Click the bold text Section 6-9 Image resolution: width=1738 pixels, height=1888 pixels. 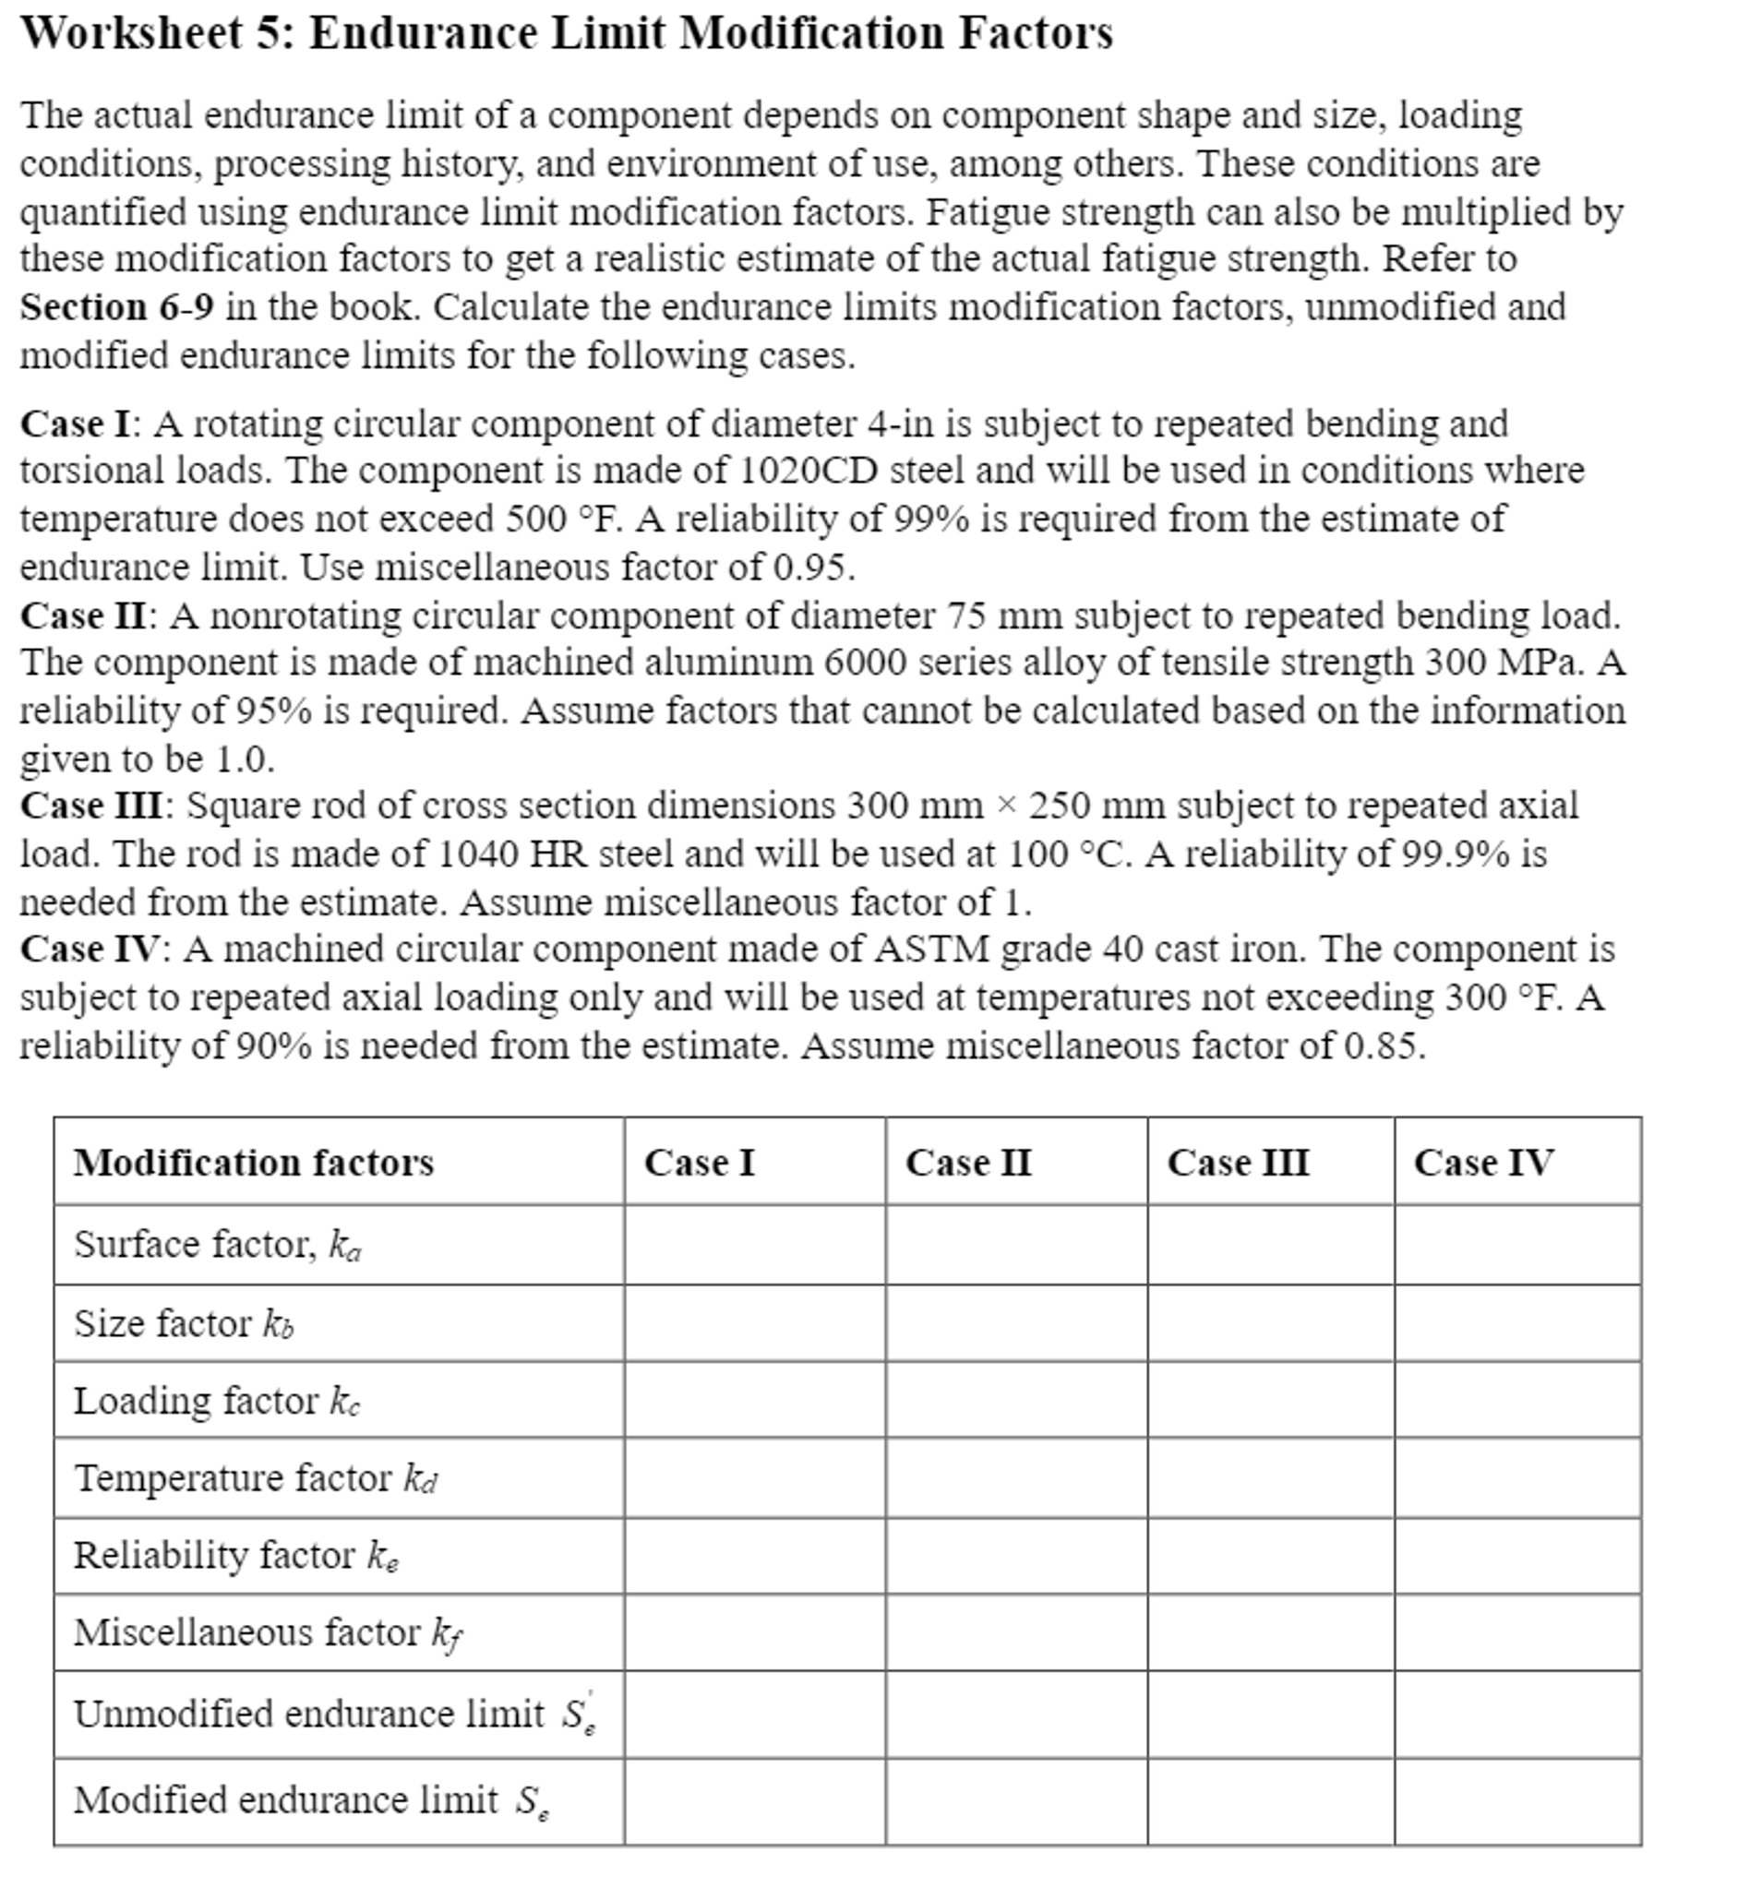[x=116, y=307]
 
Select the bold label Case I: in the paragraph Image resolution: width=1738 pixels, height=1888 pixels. [x=80, y=424]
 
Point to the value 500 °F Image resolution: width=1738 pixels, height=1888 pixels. [x=564, y=519]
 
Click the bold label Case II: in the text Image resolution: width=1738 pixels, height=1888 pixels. [x=89, y=616]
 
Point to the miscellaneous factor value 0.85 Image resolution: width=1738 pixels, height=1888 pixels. [x=1383, y=1046]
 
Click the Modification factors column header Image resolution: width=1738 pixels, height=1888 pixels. [x=254, y=1163]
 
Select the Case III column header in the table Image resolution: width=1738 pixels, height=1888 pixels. [x=1238, y=1163]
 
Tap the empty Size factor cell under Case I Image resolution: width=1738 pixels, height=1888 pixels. [x=754, y=1323]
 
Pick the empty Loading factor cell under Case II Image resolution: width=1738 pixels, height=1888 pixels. [x=1015, y=1400]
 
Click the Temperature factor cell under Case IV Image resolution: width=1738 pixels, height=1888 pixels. [x=1517, y=1477]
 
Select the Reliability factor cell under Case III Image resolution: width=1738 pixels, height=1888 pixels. [x=1270, y=1555]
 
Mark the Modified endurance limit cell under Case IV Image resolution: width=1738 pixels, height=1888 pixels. [x=1517, y=1801]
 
